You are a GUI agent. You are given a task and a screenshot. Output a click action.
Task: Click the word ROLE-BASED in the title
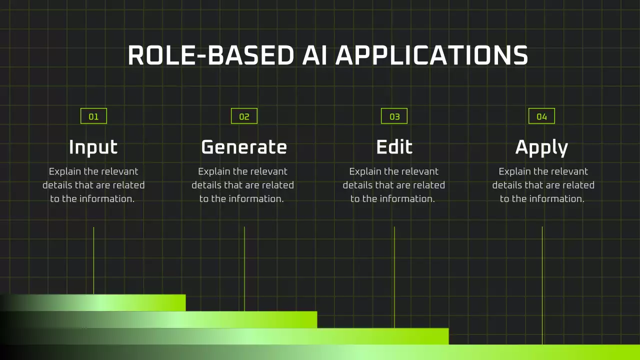(x=211, y=55)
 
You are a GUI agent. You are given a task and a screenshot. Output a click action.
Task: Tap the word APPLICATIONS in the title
(x=431, y=55)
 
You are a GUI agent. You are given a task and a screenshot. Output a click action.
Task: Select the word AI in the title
(x=314, y=55)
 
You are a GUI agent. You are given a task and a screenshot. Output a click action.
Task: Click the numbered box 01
(x=93, y=116)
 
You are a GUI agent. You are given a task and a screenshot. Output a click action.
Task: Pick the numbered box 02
(x=244, y=116)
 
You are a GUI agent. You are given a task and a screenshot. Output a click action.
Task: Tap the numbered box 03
(x=394, y=116)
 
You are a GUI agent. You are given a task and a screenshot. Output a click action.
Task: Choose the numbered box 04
(x=541, y=116)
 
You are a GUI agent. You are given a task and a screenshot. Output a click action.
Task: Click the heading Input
(x=93, y=147)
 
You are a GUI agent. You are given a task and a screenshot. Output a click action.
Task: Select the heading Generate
(x=244, y=147)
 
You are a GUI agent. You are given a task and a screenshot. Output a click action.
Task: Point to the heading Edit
(x=394, y=147)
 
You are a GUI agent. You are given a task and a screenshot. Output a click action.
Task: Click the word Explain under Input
(x=65, y=171)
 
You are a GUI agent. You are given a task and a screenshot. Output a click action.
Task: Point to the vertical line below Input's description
(x=93, y=260)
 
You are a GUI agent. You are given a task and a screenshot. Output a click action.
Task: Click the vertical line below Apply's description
(x=542, y=285)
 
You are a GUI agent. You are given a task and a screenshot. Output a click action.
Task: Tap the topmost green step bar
(x=93, y=302)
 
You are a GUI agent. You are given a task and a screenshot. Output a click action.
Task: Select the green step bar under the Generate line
(x=158, y=319)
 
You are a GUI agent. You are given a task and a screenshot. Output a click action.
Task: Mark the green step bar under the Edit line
(x=224, y=336)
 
